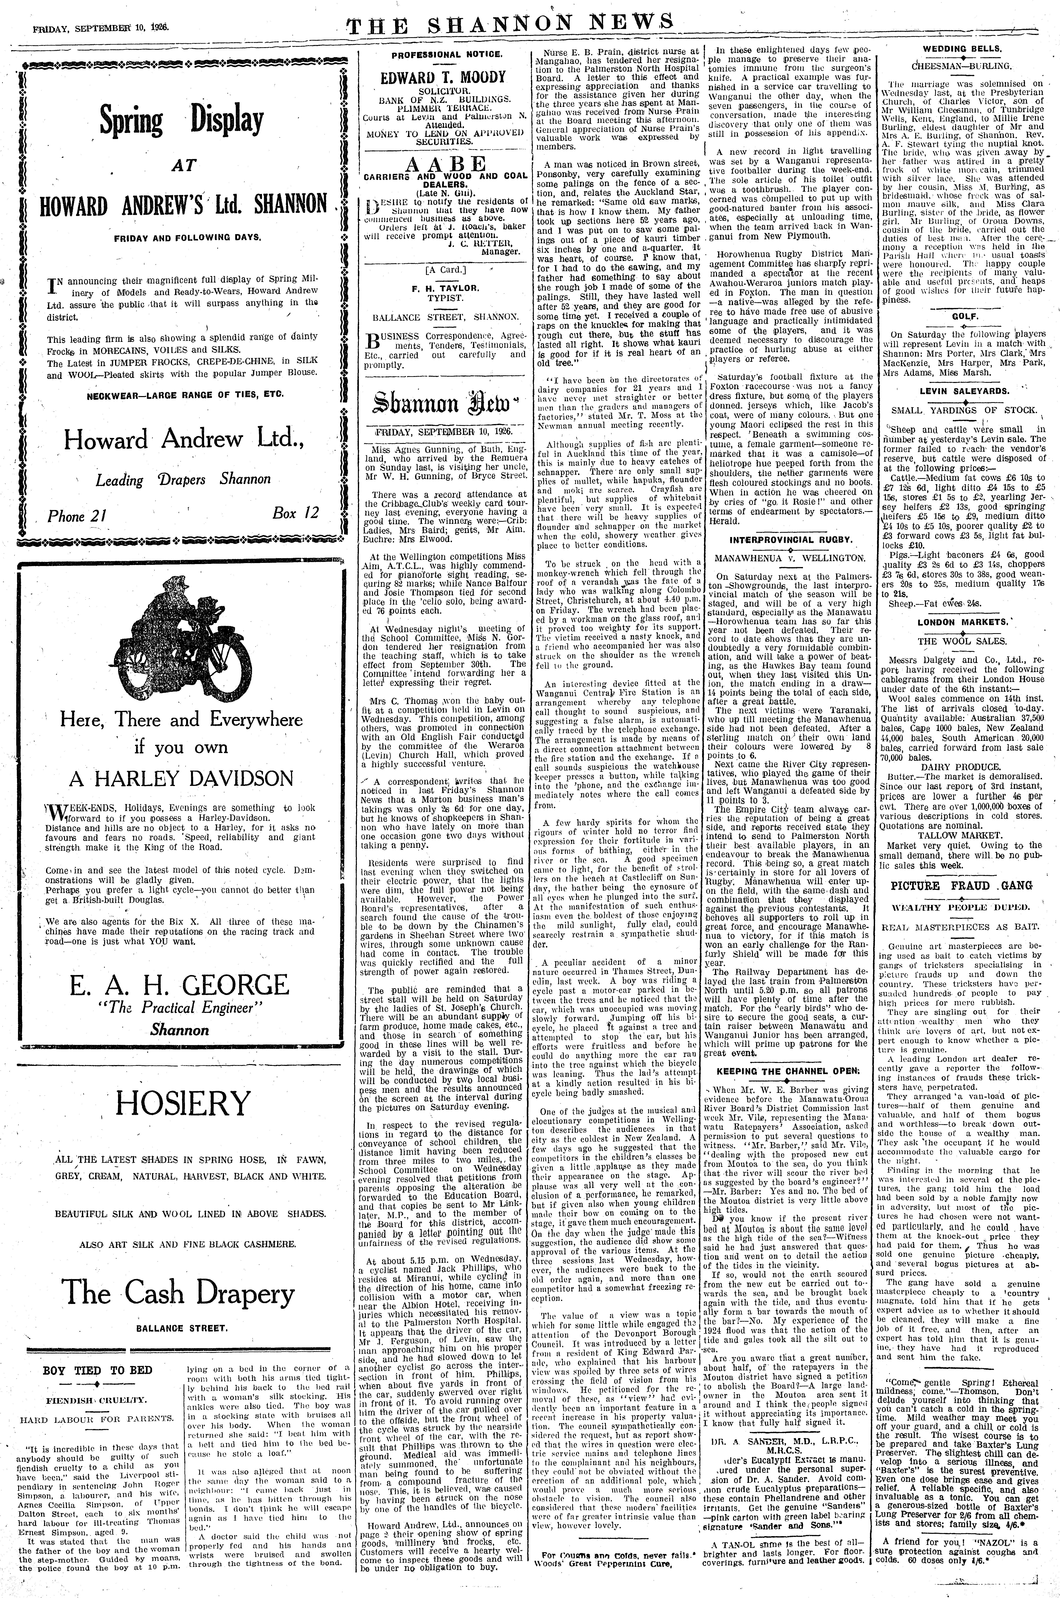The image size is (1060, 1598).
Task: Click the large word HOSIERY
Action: point(183,1104)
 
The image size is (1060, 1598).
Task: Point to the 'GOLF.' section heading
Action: point(961,316)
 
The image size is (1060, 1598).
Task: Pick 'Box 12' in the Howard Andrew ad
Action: point(295,513)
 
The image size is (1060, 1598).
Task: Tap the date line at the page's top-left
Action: point(101,11)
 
